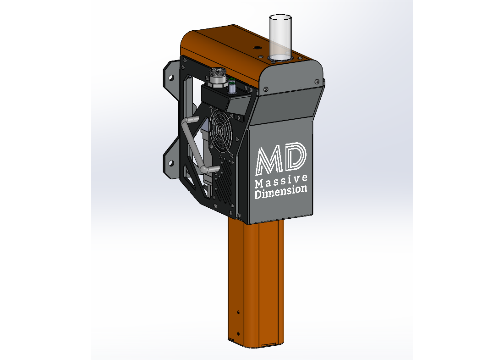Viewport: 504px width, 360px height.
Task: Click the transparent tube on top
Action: pyautogui.click(x=280, y=37)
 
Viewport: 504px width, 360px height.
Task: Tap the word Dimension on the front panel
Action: pyautogui.click(x=281, y=192)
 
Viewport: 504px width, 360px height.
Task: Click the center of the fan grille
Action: pyautogui.click(x=221, y=131)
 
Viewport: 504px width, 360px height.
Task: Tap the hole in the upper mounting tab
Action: pyautogui.click(x=171, y=78)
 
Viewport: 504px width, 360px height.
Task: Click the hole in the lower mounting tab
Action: pyautogui.click(x=171, y=163)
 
